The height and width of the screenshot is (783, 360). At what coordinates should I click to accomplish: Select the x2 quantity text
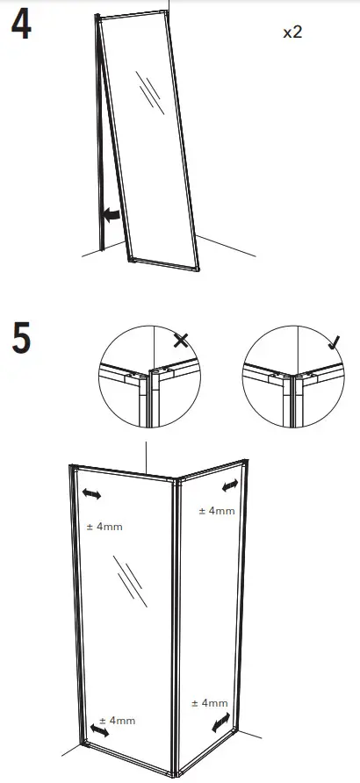293,32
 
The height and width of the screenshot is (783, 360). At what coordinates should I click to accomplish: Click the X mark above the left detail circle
181,340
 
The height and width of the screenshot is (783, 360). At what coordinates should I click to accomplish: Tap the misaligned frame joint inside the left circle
148,380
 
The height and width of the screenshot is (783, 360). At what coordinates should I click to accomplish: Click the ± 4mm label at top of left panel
104,528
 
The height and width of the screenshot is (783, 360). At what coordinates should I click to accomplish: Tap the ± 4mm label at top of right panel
216,510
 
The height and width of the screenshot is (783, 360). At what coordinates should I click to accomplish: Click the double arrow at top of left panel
91,495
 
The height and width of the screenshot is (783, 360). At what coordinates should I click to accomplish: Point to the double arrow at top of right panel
230,485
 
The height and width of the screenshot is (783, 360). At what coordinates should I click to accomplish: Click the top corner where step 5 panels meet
173,482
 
